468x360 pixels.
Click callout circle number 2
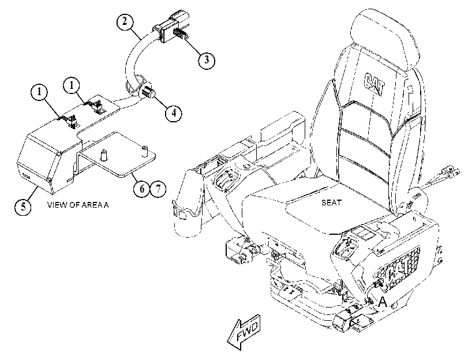pyautogui.click(x=125, y=21)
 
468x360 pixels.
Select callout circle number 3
pyautogui.click(x=207, y=59)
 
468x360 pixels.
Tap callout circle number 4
pyautogui.click(x=174, y=112)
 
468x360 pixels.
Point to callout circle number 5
pyautogui.click(x=23, y=206)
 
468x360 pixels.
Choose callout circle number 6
pyautogui.click(x=142, y=189)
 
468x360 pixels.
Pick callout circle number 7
pyautogui.click(x=158, y=189)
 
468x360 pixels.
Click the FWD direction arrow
pyautogui.click(x=244, y=332)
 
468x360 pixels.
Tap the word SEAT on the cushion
pyautogui.click(x=331, y=202)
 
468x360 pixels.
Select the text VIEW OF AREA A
pyautogui.click(x=78, y=205)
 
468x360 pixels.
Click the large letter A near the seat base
pyautogui.click(x=383, y=302)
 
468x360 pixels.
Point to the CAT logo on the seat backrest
pyautogui.click(x=375, y=84)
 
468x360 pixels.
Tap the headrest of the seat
pyautogui.click(x=385, y=40)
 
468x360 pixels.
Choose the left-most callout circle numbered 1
pyautogui.click(x=39, y=92)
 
